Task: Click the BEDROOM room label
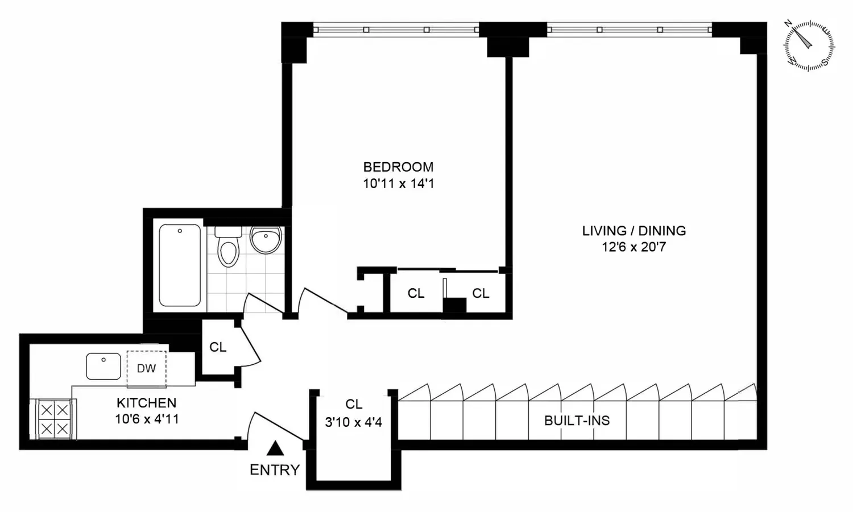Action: (398, 166)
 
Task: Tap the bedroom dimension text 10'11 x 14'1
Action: (398, 184)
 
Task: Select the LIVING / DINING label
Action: (634, 231)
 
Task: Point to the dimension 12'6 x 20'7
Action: (633, 247)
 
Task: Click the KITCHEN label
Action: (147, 402)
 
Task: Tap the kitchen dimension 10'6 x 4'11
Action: (147, 419)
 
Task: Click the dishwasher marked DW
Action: (147, 368)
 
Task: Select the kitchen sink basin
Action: (103, 366)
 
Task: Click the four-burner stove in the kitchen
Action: (54, 419)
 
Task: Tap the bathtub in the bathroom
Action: (180, 265)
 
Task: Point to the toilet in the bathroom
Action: (228, 246)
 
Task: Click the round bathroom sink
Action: (266, 240)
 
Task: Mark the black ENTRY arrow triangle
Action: (275, 448)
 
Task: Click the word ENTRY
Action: (275, 470)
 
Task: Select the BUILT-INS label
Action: (577, 421)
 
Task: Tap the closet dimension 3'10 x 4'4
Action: (353, 422)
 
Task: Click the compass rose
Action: (809, 45)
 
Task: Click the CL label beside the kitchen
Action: (218, 347)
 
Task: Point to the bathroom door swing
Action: (263, 303)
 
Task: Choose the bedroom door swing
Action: (322, 301)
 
